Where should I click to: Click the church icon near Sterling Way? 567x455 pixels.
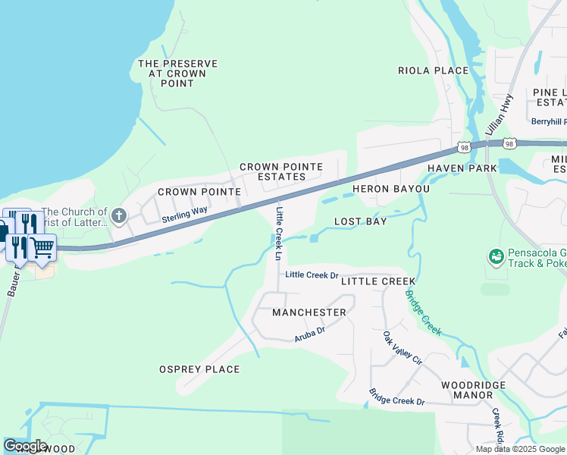[x=118, y=217]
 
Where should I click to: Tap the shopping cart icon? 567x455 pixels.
[x=42, y=246]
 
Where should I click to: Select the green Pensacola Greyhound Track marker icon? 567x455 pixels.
[x=497, y=258]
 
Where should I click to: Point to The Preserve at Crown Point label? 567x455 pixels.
[x=177, y=74]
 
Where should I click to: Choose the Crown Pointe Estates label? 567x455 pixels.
[x=281, y=171]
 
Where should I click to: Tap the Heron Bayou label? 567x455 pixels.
[x=391, y=188]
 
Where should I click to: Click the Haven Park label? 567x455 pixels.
[x=462, y=168]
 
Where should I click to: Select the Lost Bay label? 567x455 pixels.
[x=361, y=221]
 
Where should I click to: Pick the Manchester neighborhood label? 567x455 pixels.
[x=309, y=312]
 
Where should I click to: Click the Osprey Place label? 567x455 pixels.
[x=199, y=369]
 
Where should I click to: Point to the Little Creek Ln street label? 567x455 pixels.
[x=280, y=231]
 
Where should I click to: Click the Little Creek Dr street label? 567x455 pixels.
[x=312, y=275]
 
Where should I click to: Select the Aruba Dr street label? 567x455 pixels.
[x=309, y=333]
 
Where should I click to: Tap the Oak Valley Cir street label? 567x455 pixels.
[x=402, y=348]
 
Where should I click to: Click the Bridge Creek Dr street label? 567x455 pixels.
[x=397, y=397]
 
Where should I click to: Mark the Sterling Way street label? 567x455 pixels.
[x=184, y=215]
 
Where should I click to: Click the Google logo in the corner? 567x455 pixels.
[x=26, y=445]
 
